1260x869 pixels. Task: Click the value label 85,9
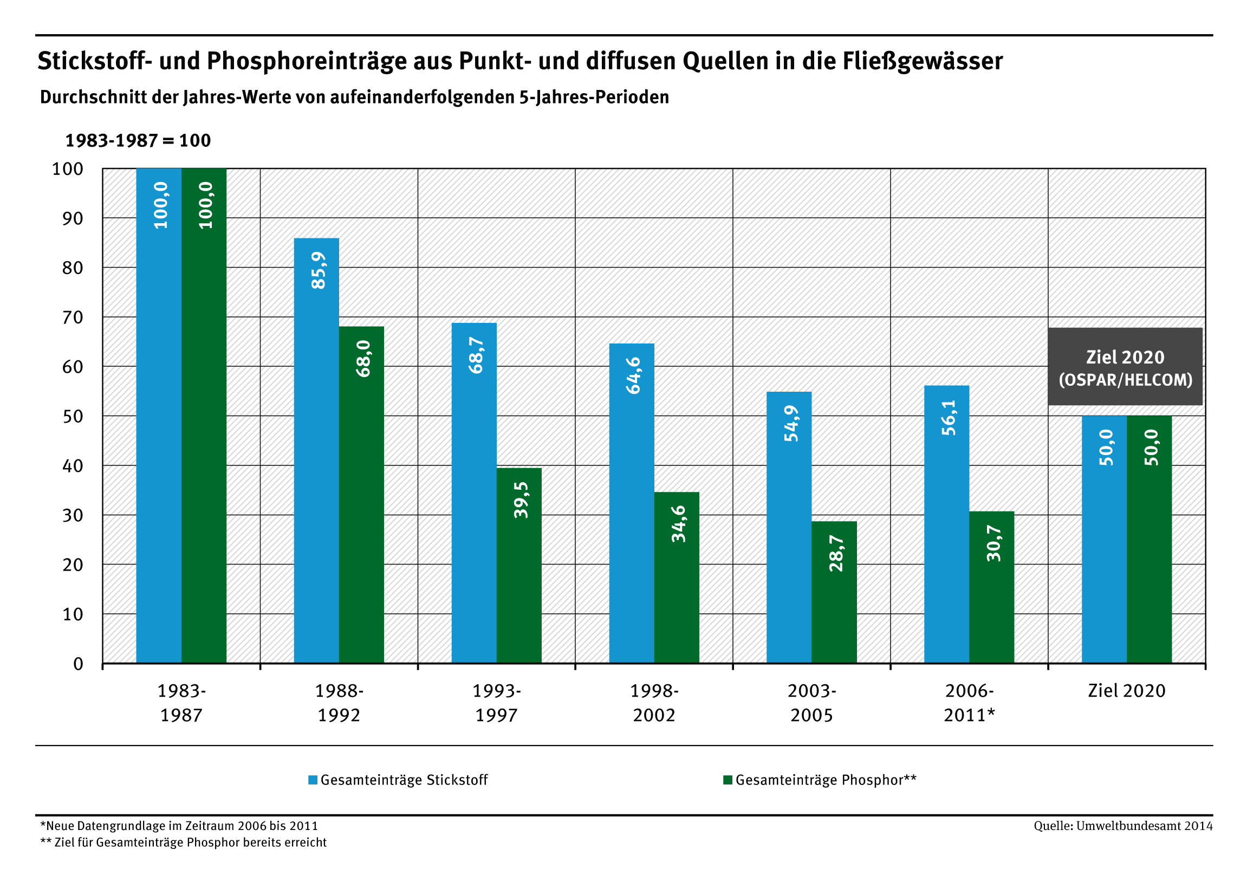point(319,270)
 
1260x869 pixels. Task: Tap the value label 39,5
point(521,500)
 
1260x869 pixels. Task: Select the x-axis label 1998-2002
point(654,703)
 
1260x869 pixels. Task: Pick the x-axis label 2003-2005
point(811,703)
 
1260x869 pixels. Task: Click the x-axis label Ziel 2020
point(1127,691)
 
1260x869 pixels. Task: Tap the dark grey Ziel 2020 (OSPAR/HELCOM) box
point(1125,367)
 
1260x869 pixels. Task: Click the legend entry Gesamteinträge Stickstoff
point(404,780)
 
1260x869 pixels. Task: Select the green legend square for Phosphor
point(727,780)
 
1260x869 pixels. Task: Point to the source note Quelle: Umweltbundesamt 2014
point(1123,826)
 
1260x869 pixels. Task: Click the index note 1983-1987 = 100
point(138,141)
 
